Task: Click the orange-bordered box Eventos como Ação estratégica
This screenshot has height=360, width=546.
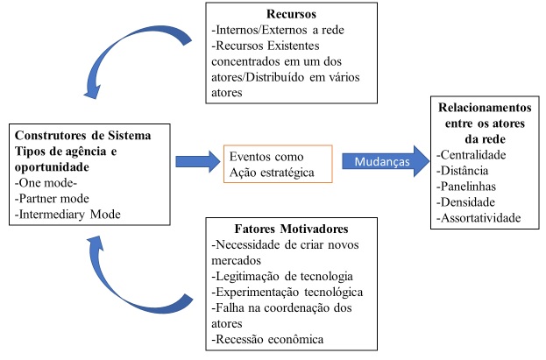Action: click(x=277, y=163)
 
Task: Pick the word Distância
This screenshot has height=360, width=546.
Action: click(x=464, y=170)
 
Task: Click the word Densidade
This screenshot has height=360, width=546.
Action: click(x=467, y=201)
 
